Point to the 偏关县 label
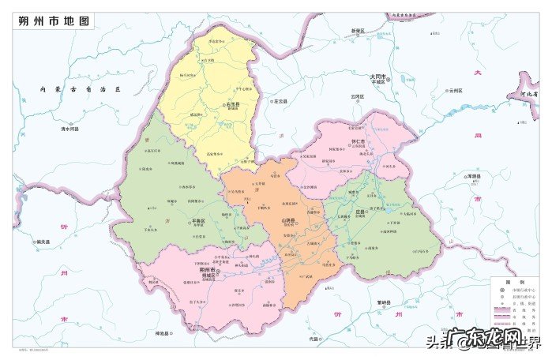[x=43, y=242]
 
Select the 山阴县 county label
[x=287, y=221]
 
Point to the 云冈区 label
[x=359, y=96]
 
